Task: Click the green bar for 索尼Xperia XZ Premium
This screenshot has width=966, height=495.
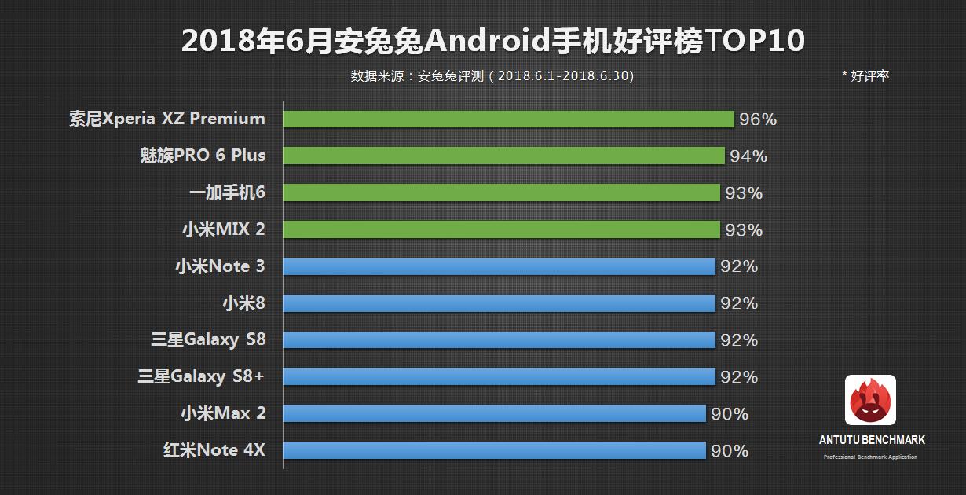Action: point(508,119)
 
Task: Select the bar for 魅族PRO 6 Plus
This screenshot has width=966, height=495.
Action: point(503,156)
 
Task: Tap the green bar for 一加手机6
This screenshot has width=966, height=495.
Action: point(501,192)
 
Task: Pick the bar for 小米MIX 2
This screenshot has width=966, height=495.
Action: point(501,229)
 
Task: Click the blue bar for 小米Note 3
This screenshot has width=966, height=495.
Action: point(499,266)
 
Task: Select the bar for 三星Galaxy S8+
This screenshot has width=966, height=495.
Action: point(499,377)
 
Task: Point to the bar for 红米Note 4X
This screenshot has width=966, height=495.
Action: point(494,450)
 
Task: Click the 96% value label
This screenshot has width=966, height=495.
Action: point(758,119)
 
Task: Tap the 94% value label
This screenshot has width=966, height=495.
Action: point(748,156)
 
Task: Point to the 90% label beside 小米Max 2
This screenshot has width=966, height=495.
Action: point(730,414)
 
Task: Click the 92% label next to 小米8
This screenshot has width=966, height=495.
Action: point(739,303)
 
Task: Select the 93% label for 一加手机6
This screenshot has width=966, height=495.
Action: point(744,193)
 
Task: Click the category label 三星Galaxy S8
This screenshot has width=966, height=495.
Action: point(208,339)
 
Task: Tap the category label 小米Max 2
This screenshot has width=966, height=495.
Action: point(223,412)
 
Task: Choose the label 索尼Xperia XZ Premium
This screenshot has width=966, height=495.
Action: point(166,119)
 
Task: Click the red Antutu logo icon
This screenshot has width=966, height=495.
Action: point(870,400)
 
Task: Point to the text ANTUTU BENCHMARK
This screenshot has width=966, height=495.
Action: point(871,440)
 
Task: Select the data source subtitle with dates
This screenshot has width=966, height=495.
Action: point(492,76)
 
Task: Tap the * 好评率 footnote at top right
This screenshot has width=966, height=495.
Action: point(865,76)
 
